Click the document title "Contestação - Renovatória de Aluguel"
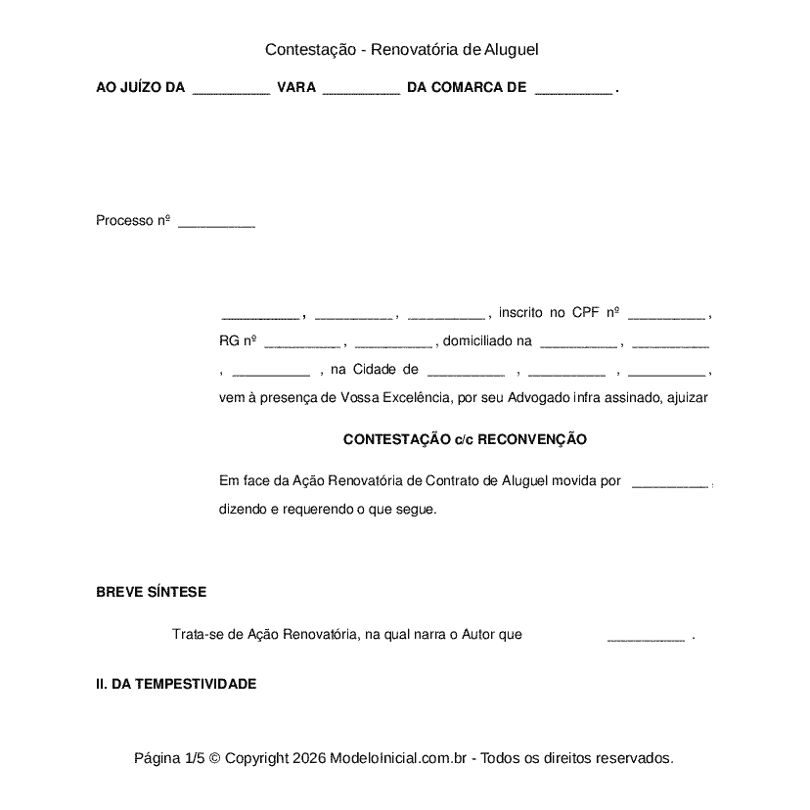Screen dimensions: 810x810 [402, 49]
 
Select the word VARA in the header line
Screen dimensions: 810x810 [296, 88]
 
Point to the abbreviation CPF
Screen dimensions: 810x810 [585, 313]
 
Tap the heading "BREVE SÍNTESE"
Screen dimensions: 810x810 [151, 592]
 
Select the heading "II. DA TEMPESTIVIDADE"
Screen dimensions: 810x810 [176, 684]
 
